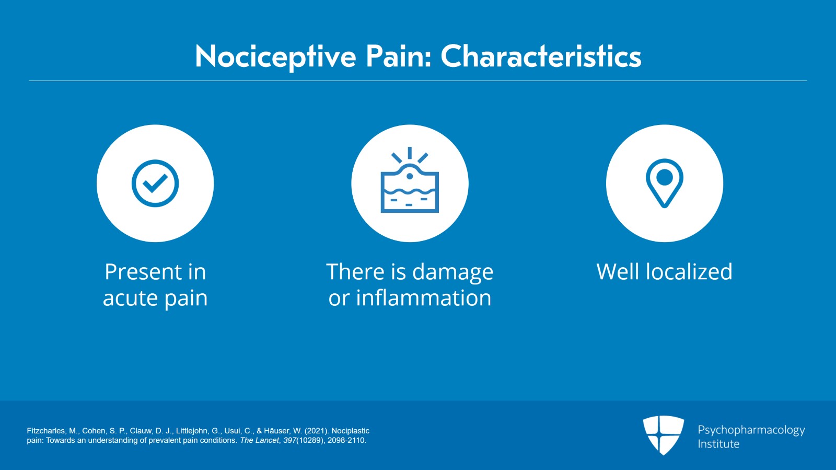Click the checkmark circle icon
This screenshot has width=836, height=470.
155,184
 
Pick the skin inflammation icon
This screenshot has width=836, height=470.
410,180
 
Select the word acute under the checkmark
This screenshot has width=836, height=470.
130,298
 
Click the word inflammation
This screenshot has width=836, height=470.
423,297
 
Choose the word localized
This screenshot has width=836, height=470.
689,271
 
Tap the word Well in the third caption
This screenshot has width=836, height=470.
618,271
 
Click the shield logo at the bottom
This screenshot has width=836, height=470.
663,435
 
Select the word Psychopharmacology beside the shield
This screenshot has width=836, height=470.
751,430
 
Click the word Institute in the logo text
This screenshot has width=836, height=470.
718,444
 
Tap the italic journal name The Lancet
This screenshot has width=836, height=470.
259,441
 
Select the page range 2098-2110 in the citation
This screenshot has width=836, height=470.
346,441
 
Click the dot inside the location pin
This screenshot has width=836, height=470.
665,177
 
